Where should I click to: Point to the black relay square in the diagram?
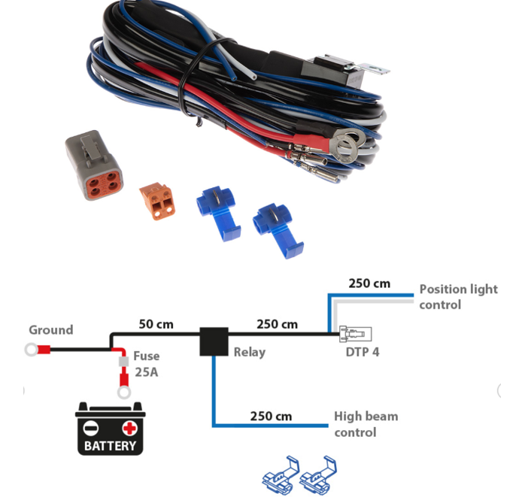click(214, 341)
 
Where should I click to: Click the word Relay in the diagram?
click(249, 352)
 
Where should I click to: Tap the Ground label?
click(50, 329)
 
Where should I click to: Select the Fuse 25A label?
click(146, 363)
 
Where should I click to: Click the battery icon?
click(110, 429)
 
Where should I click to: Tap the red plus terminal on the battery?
click(129, 429)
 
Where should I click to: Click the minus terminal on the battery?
click(90, 429)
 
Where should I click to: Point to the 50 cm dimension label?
click(156, 324)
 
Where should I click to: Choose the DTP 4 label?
click(363, 351)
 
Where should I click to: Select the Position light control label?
click(458, 297)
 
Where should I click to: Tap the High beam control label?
click(366, 424)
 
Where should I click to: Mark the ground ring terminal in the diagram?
click(32, 349)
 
